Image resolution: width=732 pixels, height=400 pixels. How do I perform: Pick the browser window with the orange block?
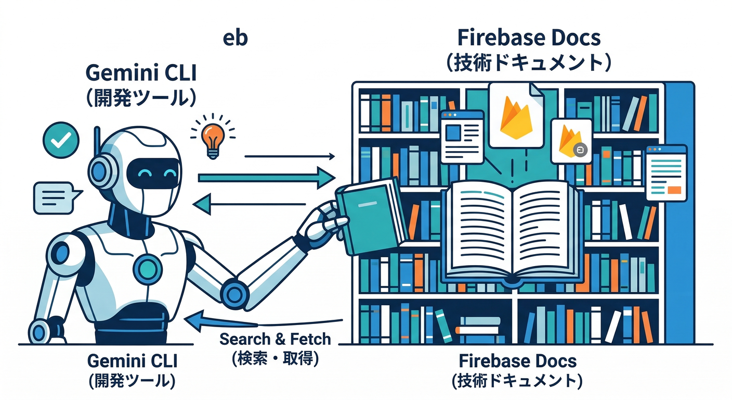666,172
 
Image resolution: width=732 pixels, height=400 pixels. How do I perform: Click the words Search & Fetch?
275,339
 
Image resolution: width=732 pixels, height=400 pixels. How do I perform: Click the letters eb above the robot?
234,39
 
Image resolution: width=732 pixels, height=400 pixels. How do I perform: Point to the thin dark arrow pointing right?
289,156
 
